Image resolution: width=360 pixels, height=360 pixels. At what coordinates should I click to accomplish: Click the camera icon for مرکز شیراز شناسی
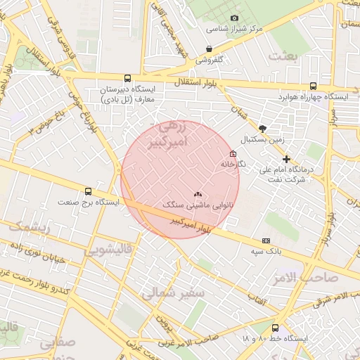coord(234,18)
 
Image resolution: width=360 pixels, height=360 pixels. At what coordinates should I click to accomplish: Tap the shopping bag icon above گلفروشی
coord(209,49)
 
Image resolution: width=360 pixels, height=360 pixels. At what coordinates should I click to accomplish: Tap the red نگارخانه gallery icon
coord(233,154)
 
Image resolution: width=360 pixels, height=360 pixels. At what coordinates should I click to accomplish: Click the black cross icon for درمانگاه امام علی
coord(286,160)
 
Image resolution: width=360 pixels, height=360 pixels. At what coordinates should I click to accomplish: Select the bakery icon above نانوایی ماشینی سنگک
coord(198,194)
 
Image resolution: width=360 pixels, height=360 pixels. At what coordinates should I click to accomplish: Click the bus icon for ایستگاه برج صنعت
coord(88,191)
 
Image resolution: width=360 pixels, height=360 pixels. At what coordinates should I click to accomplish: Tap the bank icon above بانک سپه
coord(265,240)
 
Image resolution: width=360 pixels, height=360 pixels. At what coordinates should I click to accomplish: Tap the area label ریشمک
coord(27,226)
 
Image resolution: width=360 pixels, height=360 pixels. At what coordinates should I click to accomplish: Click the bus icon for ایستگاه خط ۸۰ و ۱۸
coord(275,328)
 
